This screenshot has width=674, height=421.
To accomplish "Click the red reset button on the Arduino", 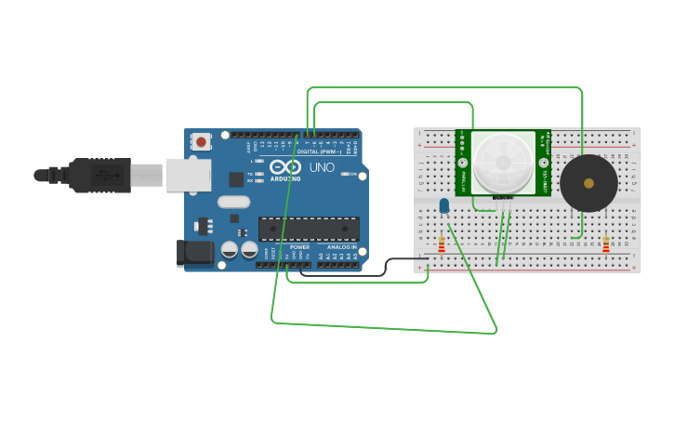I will click(x=200, y=142).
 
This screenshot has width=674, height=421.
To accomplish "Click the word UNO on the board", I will click(x=322, y=167).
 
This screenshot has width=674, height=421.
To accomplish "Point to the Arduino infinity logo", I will click(x=284, y=166).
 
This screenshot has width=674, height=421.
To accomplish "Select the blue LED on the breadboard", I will click(x=444, y=205).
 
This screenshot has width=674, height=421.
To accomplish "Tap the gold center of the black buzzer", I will click(x=588, y=183).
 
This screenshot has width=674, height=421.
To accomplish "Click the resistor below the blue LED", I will click(x=442, y=244).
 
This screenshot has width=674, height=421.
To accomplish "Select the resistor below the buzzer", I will click(x=606, y=244).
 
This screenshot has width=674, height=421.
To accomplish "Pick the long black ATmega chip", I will click(x=309, y=229).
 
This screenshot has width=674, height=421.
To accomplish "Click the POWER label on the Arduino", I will click(x=299, y=247).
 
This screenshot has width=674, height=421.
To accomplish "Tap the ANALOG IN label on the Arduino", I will click(x=340, y=247).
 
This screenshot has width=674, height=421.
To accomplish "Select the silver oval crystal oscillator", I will click(x=234, y=202).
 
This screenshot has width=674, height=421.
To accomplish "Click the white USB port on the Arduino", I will click(x=188, y=175).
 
